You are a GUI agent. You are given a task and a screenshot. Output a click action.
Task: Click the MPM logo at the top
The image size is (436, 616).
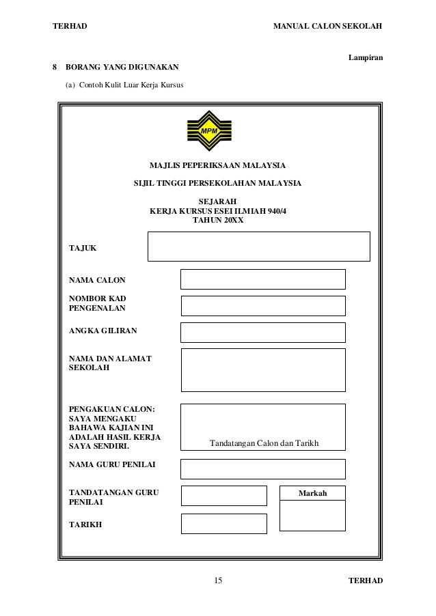pyautogui.click(x=208, y=132)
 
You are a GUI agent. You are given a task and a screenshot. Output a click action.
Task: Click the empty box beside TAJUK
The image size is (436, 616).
pyautogui.click(x=258, y=246)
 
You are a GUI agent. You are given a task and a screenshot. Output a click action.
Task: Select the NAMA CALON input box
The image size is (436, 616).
pyautogui.click(x=262, y=279)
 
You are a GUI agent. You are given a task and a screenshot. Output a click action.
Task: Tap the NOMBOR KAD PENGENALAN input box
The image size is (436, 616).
pyautogui.click(x=262, y=305)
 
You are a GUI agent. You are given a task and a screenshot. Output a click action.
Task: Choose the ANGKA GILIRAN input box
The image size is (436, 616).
pyautogui.click(x=262, y=332)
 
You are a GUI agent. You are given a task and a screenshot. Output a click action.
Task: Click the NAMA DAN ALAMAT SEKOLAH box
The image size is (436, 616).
pyautogui.click(x=262, y=369)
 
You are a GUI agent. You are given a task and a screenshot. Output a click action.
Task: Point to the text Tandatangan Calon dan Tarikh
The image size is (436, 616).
pyautogui.click(x=264, y=444)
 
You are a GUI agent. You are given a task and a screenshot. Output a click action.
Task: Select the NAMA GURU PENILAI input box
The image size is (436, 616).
pyautogui.click(x=262, y=468)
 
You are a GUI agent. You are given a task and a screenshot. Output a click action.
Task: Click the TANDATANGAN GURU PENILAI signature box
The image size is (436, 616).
pyautogui.click(x=223, y=496)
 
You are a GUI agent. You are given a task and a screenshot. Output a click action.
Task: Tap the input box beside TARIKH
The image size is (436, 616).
pyautogui.click(x=223, y=523)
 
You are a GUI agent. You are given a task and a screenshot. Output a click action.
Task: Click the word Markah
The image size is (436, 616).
pyautogui.click(x=313, y=493)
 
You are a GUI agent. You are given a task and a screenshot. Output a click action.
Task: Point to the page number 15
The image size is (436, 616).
pyautogui.click(x=218, y=580)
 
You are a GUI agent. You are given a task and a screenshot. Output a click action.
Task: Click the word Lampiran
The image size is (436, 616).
pyautogui.click(x=366, y=58)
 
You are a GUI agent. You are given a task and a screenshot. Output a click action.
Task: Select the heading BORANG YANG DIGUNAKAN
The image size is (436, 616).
pyautogui.click(x=122, y=68)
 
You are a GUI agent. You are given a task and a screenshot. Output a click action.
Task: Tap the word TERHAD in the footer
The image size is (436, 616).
pyautogui.click(x=366, y=580)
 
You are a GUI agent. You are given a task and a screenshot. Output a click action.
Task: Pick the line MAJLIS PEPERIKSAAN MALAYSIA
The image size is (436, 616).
pyautogui.click(x=218, y=165)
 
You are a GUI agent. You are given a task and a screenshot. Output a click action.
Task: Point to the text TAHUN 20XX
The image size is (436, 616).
pyautogui.click(x=218, y=221)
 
